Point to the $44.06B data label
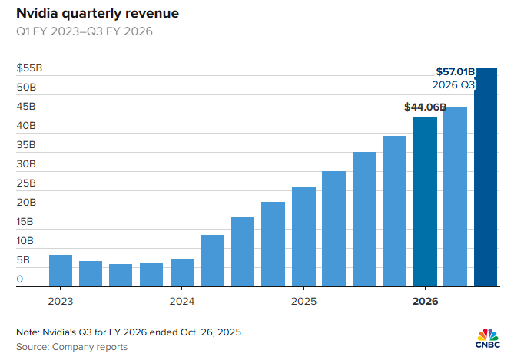tap(425, 107)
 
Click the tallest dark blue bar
tap(486, 177)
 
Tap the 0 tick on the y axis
tap(20, 279)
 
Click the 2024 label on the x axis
tap(182, 302)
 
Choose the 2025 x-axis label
tap(303, 302)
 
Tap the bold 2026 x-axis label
tap(425, 302)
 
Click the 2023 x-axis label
tap(61, 302)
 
